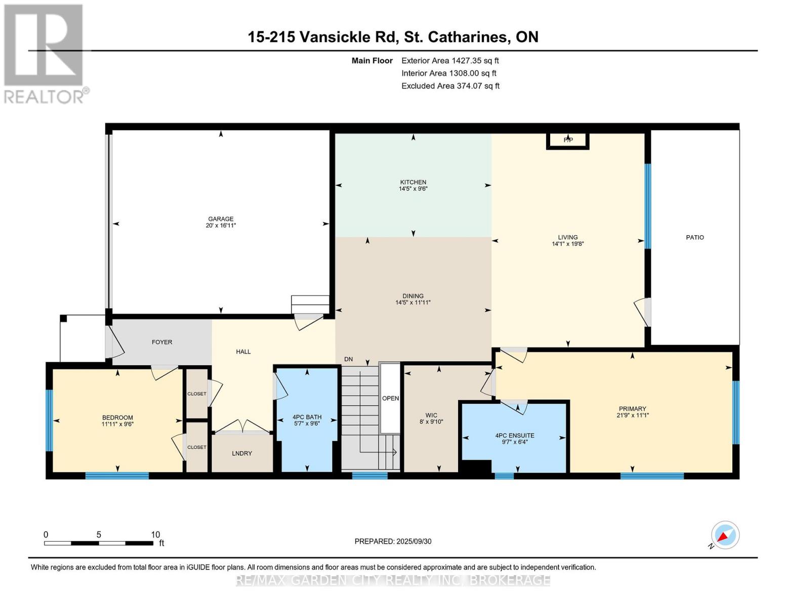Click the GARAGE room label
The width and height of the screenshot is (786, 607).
[x=221, y=219]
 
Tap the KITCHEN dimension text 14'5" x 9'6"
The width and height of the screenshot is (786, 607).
[x=413, y=189]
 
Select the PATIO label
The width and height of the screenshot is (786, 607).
[x=694, y=237]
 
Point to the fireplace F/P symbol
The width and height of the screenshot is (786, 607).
[x=568, y=140]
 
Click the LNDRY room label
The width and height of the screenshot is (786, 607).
[x=242, y=453]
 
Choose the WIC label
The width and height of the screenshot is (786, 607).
[x=431, y=415]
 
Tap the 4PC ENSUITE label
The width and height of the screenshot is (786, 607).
[x=515, y=435]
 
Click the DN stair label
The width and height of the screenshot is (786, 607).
[x=348, y=359]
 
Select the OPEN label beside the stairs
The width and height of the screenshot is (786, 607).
[x=390, y=398]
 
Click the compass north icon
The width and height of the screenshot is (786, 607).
[x=725, y=535]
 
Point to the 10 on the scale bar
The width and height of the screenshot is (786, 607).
[x=155, y=535]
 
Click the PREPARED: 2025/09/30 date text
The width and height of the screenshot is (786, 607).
[x=393, y=541]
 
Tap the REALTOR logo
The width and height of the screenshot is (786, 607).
[x=45, y=53]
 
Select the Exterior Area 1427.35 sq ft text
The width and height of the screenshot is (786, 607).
[x=450, y=60]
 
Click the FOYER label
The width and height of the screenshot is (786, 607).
[x=162, y=342]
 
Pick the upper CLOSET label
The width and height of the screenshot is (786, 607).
[x=197, y=394]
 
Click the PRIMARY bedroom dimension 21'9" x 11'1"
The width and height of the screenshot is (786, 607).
[x=632, y=415]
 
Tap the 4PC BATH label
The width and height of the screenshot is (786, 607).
[x=307, y=417]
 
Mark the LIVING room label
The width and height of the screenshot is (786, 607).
[x=568, y=237]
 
